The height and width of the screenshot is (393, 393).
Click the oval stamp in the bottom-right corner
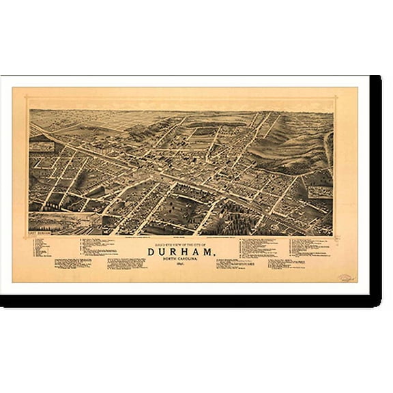[x=346, y=278]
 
